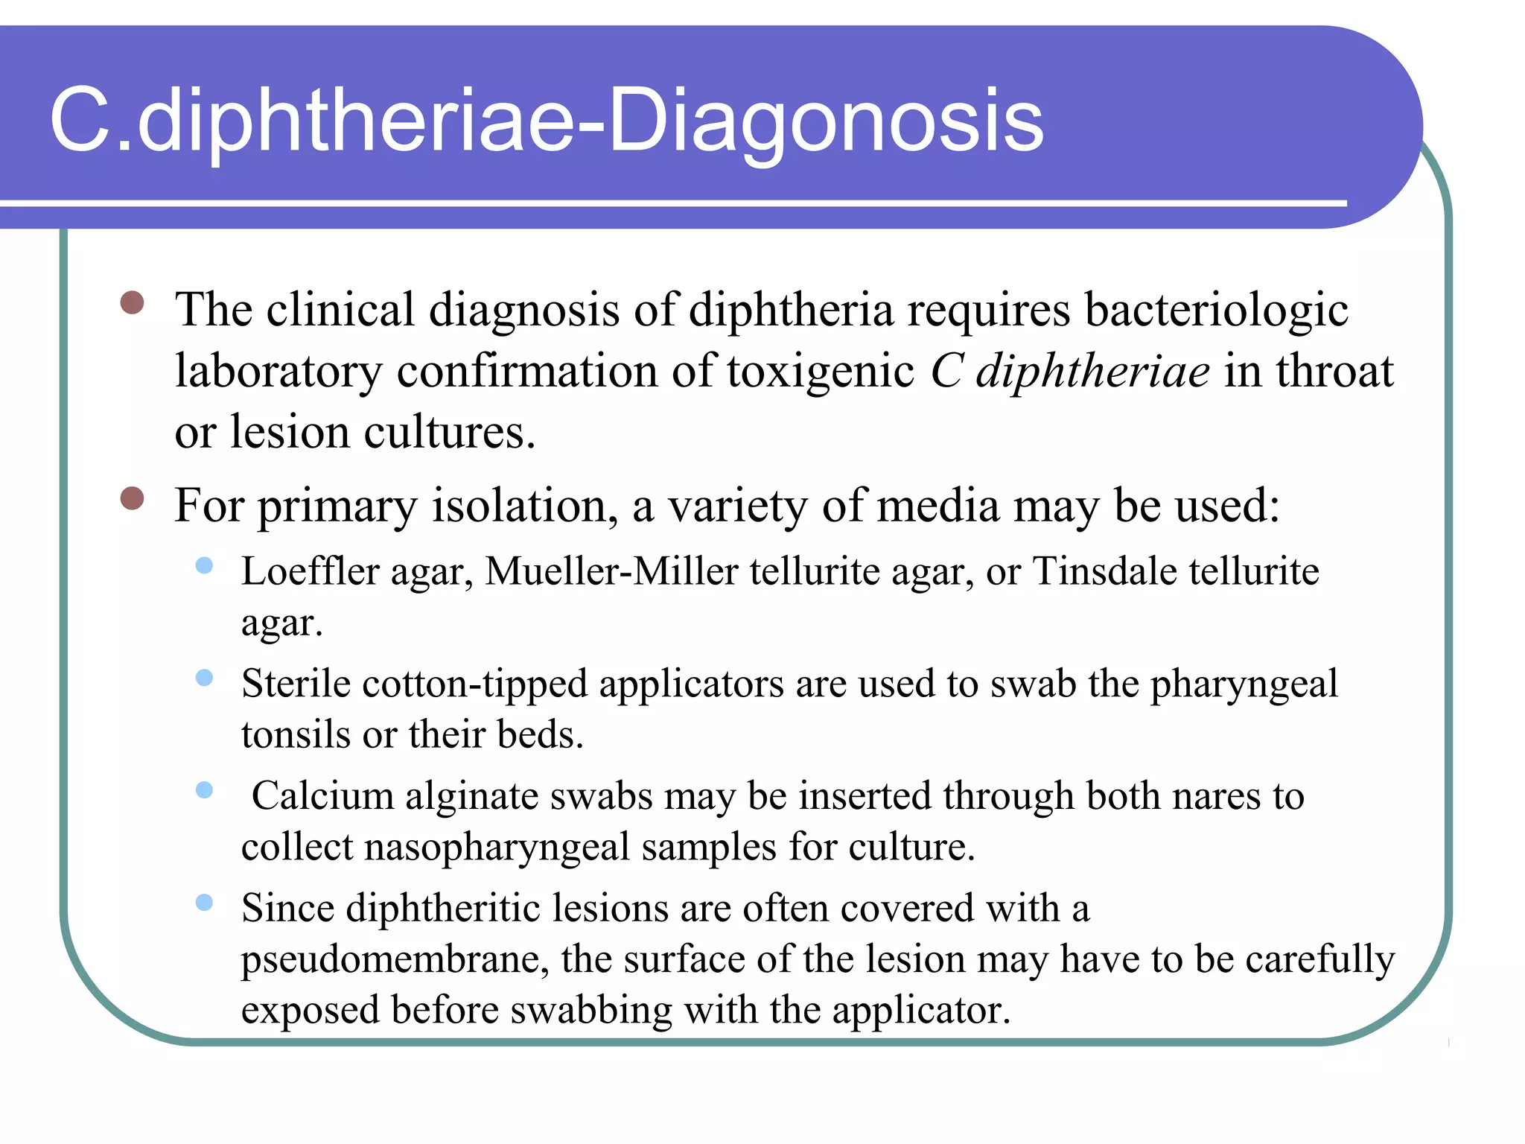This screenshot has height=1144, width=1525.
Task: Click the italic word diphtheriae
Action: click(x=1093, y=371)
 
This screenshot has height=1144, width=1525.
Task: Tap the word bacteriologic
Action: click(x=1216, y=309)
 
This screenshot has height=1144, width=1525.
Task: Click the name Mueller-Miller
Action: click(x=611, y=572)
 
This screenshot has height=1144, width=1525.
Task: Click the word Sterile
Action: click(x=296, y=684)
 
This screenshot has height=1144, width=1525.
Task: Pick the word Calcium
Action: click(x=322, y=796)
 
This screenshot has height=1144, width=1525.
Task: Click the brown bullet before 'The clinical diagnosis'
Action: click(x=132, y=302)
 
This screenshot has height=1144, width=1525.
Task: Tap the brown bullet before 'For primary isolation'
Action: click(x=132, y=498)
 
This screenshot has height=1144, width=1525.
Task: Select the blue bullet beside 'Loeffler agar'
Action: click(x=204, y=566)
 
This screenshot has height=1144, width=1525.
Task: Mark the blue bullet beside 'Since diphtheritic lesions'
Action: click(x=204, y=903)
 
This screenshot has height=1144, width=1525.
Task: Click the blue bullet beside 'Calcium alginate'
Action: click(x=204, y=790)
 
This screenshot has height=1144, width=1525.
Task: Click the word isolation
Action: click(x=525, y=506)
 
